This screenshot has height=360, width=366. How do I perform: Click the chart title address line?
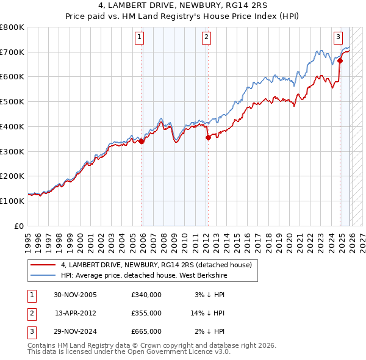183,5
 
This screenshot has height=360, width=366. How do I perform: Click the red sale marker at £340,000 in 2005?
142,141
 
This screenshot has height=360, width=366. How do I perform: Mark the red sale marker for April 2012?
208,137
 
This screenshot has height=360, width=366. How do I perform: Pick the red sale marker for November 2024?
340,60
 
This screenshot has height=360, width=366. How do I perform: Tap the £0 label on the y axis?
20,226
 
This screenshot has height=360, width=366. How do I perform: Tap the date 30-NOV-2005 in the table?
75,295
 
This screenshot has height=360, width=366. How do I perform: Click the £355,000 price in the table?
146,313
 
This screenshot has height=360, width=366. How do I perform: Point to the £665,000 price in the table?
146,331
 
